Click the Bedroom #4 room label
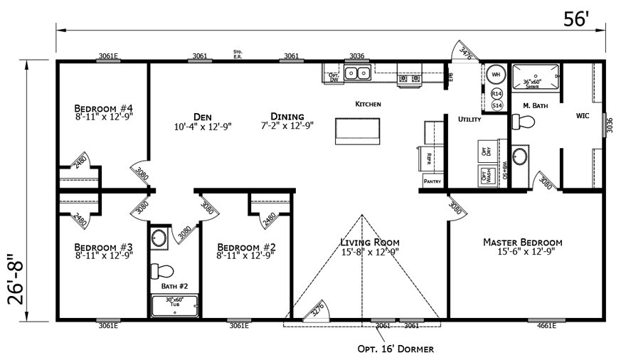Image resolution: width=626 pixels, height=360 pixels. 102,109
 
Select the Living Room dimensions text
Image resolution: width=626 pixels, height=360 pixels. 369,252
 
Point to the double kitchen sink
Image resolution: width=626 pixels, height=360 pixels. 358,73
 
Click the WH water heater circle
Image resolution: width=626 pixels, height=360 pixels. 496,75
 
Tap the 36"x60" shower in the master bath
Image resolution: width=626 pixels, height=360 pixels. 536,78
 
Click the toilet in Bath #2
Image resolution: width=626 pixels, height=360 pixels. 161,272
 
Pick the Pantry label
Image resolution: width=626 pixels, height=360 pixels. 433,181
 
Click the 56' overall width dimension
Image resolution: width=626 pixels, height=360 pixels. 578,19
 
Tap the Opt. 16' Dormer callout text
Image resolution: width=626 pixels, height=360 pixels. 396,349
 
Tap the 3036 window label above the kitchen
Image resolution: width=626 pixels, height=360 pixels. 356,55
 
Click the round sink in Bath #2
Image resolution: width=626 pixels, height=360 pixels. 159,238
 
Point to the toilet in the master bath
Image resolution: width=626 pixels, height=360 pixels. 524,122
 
